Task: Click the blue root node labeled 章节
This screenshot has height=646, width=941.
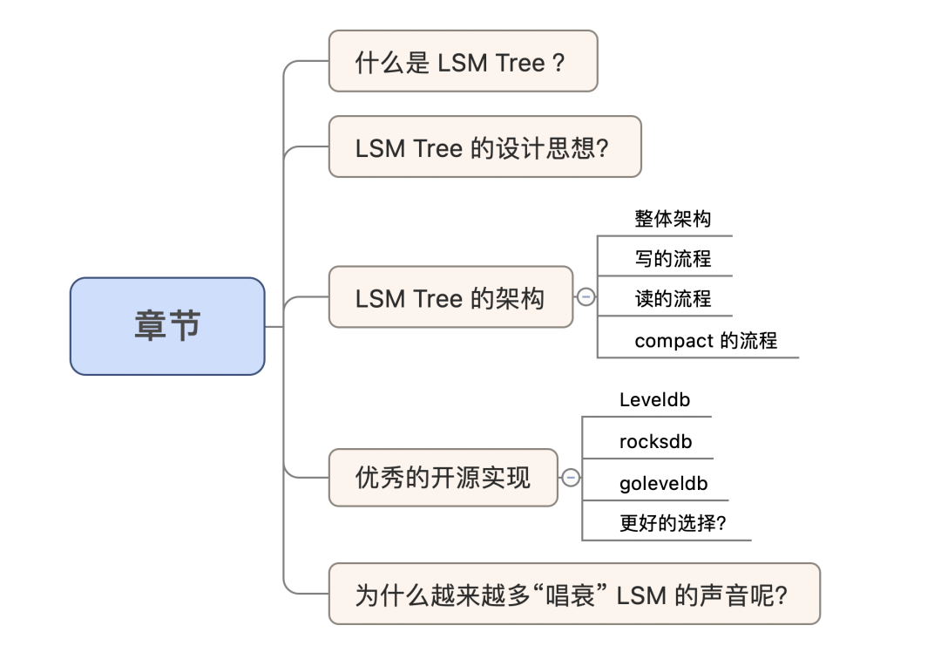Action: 167,326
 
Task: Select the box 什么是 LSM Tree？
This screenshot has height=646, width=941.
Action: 463,61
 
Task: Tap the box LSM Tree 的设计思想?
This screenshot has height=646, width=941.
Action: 484,146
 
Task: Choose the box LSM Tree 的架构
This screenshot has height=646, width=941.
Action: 450,297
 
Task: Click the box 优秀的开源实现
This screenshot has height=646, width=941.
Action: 443,477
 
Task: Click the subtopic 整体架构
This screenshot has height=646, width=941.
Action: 673,219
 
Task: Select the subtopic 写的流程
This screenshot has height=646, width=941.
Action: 673,259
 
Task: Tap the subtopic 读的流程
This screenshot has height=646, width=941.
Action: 673,299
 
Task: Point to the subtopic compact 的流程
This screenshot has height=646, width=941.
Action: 706,340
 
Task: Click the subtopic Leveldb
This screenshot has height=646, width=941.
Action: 653,400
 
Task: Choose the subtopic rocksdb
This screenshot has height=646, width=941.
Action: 655,442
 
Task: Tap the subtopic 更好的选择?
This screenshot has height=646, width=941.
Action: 673,524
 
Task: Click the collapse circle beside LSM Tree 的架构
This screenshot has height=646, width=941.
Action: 586,297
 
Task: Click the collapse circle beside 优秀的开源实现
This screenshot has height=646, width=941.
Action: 571,478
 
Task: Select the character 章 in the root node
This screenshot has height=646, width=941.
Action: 150,326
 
